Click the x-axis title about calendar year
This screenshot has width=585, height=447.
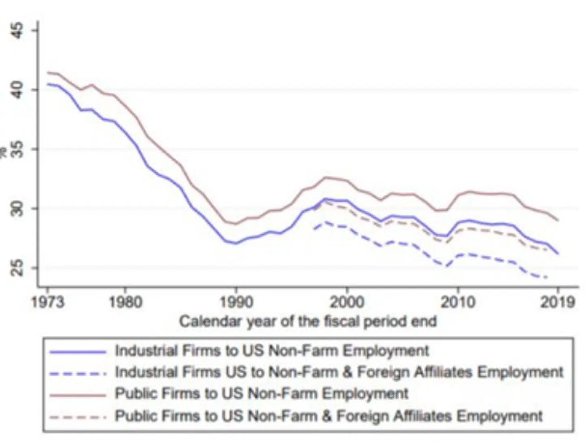tap(308, 321)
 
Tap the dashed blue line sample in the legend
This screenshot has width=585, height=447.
tap(78, 373)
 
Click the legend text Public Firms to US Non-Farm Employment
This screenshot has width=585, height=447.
tap(262, 394)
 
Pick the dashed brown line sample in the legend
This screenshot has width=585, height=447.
tap(78, 417)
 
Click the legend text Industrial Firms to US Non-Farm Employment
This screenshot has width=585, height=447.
tap(272, 351)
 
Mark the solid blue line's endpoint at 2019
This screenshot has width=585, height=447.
tap(558, 254)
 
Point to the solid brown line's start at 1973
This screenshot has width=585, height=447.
tap(48, 72)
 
